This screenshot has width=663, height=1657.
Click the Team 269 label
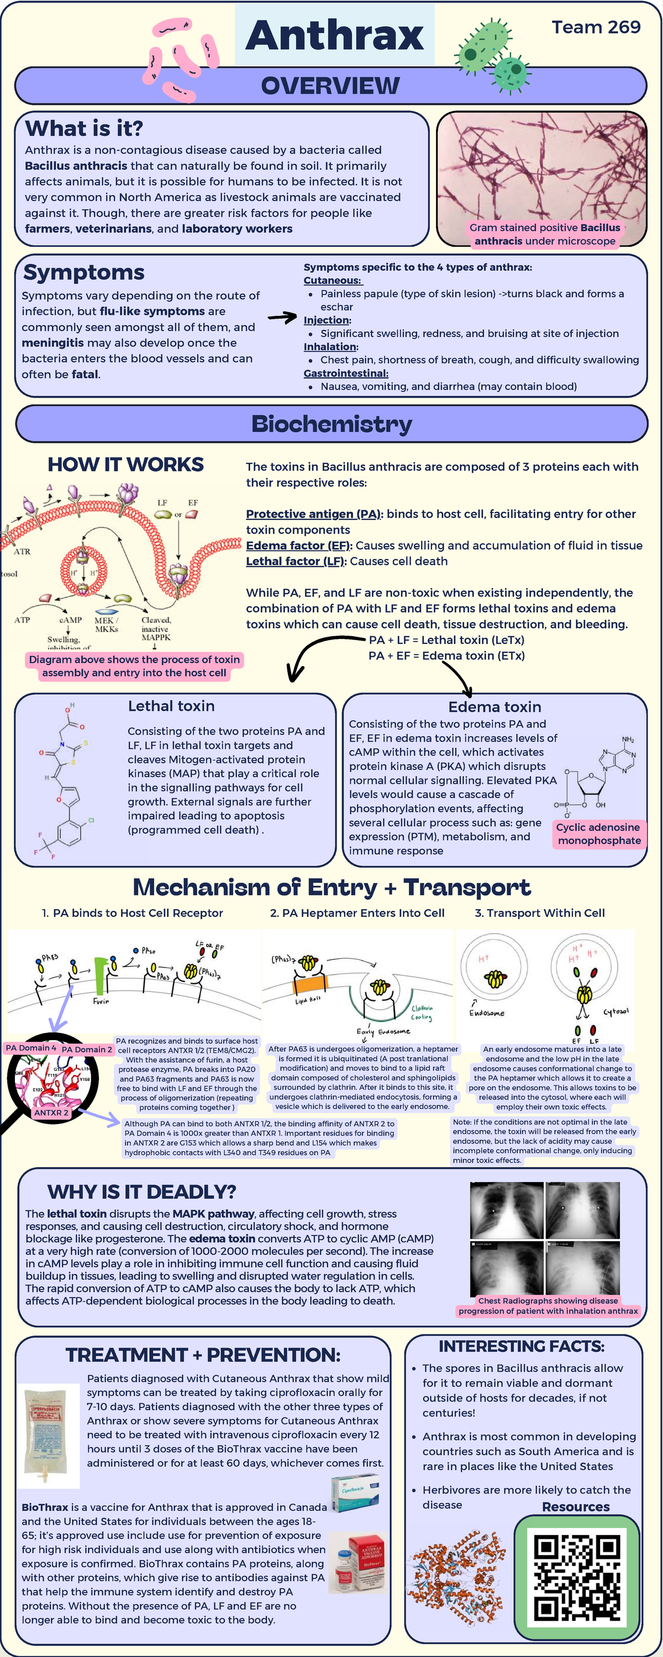click(x=596, y=27)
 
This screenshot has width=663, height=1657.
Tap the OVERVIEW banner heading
click(x=330, y=86)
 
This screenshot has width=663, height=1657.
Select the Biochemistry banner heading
click(x=331, y=424)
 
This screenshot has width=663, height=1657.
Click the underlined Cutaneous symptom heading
click(x=333, y=281)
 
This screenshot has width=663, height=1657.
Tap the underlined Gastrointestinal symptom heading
click(x=346, y=373)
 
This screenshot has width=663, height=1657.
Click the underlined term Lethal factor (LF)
click(x=296, y=561)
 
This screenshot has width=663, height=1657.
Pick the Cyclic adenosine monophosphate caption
click(x=598, y=833)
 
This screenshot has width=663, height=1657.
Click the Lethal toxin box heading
click(x=171, y=706)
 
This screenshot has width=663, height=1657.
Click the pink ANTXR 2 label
click(x=51, y=1112)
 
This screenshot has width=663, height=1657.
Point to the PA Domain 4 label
click(x=30, y=1048)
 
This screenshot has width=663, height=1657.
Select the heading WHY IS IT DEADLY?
click(x=141, y=1191)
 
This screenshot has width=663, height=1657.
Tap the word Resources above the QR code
click(x=576, y=1506)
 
